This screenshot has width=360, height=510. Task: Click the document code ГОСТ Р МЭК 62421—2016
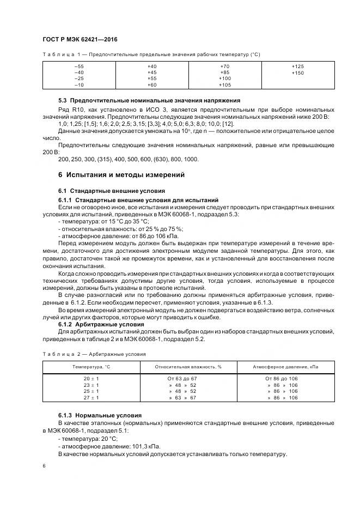click(80, 40)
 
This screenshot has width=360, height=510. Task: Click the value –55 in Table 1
click(79, 66)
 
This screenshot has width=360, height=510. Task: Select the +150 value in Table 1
click(298, 72)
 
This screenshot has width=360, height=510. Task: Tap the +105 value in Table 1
click(225, 86)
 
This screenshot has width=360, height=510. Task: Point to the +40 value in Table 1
click(152, 66)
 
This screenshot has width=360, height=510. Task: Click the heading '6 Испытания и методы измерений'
click(121, 175)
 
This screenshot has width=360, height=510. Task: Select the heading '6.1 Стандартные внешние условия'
click(111, 191)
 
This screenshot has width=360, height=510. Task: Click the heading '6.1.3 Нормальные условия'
click(100, 415)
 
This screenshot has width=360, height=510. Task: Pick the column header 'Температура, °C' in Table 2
click(91, 367)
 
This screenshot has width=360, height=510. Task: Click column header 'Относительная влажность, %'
click(188, 367)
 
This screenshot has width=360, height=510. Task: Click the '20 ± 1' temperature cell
click(91, 378)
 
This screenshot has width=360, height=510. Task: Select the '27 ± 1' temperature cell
click(91, 398)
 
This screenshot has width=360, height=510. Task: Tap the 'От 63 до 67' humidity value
click(182, 378)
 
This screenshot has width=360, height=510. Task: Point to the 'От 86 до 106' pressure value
click(282, 378)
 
